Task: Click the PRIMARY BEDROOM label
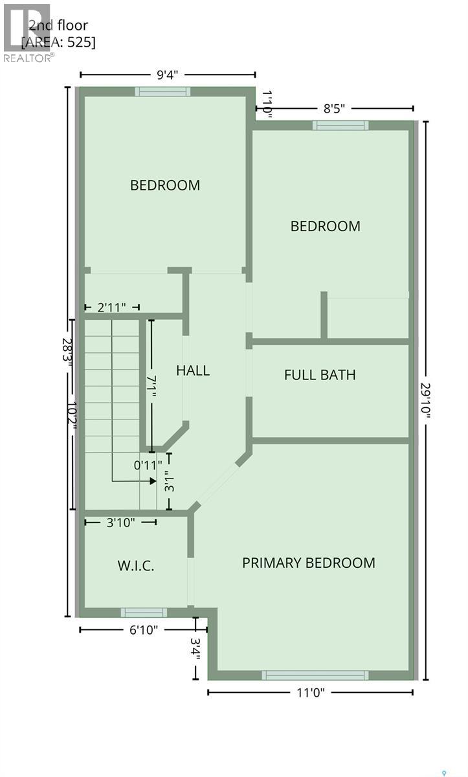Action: click(x=308, y=563)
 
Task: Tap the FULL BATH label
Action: click(x=320, y=375)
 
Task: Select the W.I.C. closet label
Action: click(x=136, y=565)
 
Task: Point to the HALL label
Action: click(x=193, y=370)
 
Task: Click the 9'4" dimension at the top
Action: click(x=167, y=74)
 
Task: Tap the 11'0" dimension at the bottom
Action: click(x=310, y=692)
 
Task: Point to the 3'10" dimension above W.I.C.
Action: click(x=120, y=523)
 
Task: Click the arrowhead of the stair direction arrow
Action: click(x=153, y=481)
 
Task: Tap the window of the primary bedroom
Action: click(x=315, y=675)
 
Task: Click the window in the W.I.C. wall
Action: click(x=144, y=612)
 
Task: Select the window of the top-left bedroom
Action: click(x=162, y=91)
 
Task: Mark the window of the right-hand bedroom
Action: click(x=340, y=125)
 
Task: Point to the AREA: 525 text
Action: click(x=58, y=43)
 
